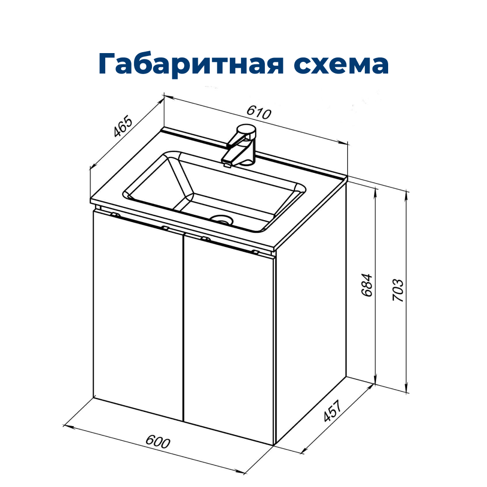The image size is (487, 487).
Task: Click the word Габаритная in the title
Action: point(191,64)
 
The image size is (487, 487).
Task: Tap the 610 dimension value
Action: point(259,113)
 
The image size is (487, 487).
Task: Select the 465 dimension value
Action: point(123,127)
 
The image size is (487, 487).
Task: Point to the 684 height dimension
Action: point(367,285)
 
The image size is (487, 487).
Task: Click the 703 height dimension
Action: point(398,290)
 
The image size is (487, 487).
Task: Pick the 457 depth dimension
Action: point(333,411)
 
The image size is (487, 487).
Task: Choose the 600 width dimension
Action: point(158,442)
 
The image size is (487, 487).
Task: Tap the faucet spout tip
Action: point(226,160)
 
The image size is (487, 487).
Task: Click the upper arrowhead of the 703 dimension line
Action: point(407,194)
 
